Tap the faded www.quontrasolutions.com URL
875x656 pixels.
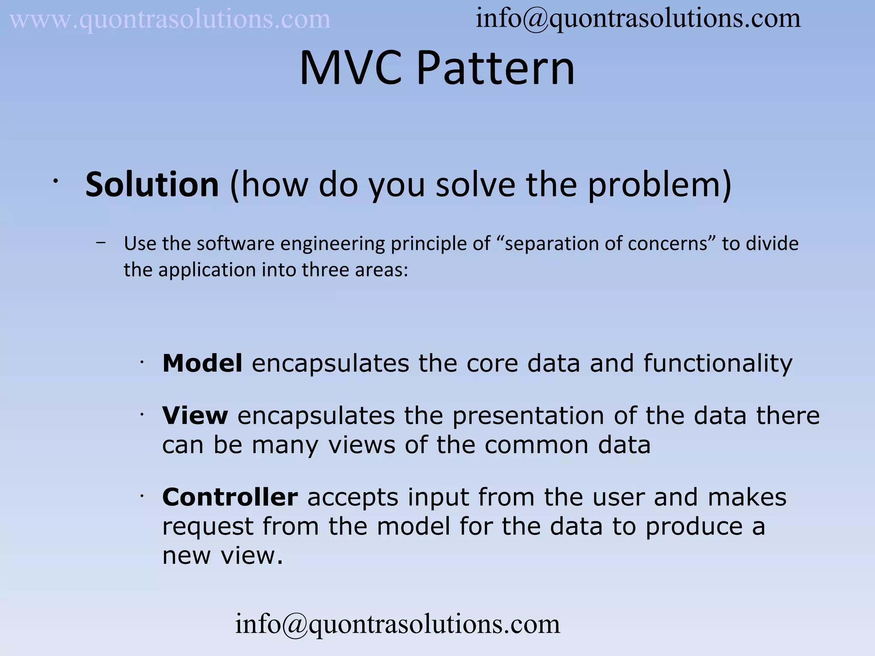click(170, 20)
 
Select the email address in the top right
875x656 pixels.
click(638, 19)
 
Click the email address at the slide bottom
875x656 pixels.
click(397, 624)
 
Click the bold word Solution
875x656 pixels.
click(152, 184)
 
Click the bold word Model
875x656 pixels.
click(203, 363)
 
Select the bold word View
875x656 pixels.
click(195, 415)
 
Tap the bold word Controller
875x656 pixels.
click(230, 497)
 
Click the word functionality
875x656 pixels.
click(718, 363)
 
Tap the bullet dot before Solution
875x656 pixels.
click(55, 182)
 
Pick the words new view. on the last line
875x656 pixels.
click(223, 556)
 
